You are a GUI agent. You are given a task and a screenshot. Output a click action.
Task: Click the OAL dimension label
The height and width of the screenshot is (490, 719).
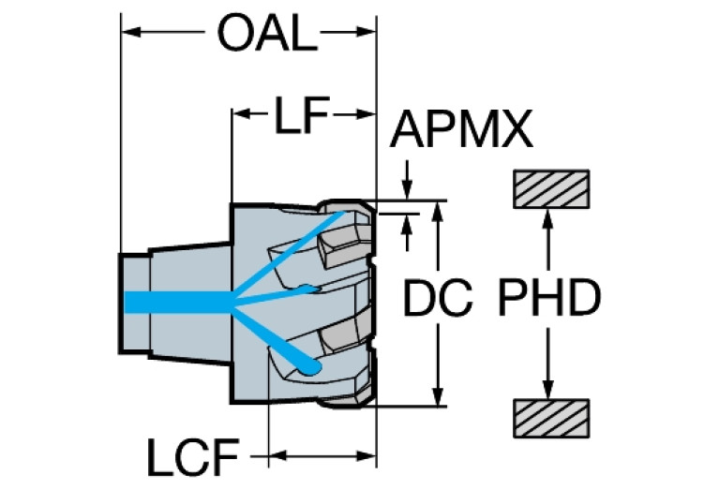pos(262,35)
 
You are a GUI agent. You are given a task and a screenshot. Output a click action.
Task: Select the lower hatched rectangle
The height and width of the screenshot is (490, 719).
pos(550,417)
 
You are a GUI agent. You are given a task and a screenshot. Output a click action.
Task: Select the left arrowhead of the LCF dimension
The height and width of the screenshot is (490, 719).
pos(277,458)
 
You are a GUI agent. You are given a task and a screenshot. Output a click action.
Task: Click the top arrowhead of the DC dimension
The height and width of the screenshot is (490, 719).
pos(437,208)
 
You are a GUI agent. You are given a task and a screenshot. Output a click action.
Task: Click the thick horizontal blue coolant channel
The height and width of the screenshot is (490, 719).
pos(178,301)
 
